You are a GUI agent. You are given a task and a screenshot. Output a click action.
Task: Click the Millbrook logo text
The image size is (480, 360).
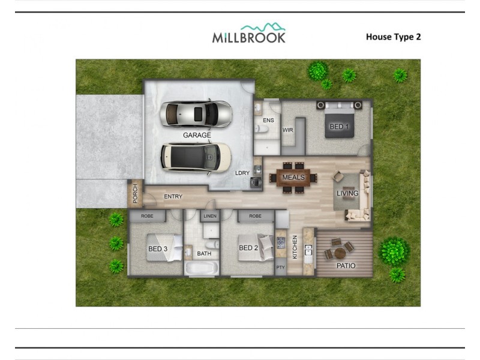[248, 37]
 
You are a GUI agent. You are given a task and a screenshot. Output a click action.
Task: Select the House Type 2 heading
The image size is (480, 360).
[393, 37]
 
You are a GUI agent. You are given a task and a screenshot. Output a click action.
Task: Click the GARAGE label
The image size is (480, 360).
[197, 135]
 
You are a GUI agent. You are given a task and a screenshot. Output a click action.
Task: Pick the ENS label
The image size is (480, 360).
[268, 121]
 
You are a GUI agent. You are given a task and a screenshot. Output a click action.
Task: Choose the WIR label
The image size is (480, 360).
[287, 130]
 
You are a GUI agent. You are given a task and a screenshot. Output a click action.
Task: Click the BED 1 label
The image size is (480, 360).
[340, 127]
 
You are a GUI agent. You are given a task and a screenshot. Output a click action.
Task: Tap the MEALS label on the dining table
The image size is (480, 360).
[293, 178]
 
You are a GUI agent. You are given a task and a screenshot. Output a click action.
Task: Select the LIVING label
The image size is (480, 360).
[347, 193]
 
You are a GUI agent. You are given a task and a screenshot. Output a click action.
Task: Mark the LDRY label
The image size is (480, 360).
[242, 173]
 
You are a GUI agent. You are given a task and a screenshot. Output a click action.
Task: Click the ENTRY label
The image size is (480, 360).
[173, 197]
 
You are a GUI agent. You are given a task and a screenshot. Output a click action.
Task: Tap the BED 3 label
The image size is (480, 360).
[157, 248]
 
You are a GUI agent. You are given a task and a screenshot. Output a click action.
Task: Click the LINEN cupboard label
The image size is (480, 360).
[210, 216]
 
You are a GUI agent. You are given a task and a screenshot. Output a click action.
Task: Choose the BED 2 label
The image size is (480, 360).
[248, 248]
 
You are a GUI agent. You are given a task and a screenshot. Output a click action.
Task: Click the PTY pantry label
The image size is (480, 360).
[281, 267]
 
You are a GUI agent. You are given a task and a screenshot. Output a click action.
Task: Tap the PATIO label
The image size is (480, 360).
[346, 266]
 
